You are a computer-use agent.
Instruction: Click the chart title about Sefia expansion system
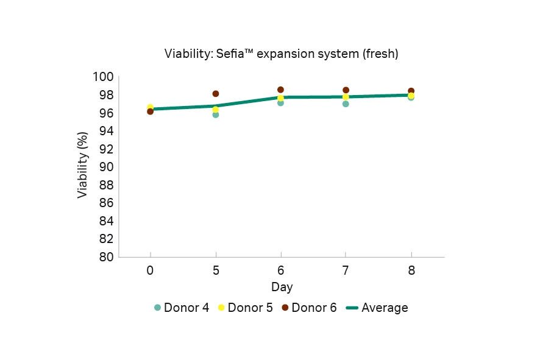tap(281, 54)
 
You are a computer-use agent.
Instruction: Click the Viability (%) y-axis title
tap(83, 166)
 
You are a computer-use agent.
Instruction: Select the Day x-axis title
tap(282, 286)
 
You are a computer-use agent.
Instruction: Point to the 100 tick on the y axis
tap(104, 77)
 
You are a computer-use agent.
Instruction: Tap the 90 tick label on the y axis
tap(107, 167)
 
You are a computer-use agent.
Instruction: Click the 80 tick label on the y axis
tap(107, 257)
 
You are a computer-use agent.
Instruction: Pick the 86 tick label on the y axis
tap(107, 203)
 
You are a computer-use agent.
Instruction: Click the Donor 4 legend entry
tap(182, 308)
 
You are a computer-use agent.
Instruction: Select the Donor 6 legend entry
tap(309, 308)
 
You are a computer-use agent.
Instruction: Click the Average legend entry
tap(377, 308)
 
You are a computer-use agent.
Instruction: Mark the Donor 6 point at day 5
tap(215, 94)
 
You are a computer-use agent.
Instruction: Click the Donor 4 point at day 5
tap(215, 115)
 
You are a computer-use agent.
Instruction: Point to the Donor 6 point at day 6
tap(280, 90)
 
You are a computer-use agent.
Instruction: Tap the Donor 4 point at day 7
tap(346, 104)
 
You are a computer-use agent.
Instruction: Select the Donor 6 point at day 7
tap(346, 90)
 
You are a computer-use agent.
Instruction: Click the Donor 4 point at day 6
tap(280, 103)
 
